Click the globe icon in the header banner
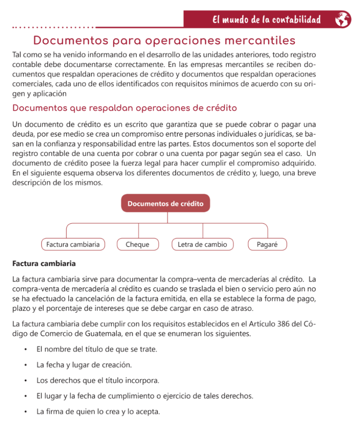342,19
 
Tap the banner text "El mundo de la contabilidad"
267,19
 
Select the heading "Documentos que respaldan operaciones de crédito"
124,108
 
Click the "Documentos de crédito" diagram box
165,203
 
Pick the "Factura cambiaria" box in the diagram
73,245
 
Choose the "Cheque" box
137,245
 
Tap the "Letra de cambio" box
202,245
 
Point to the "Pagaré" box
267,245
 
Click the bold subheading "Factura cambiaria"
44,263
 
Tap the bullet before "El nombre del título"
26,349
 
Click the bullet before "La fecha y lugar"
26,365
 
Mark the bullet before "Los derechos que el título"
26,380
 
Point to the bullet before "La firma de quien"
26,412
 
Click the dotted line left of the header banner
54,27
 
